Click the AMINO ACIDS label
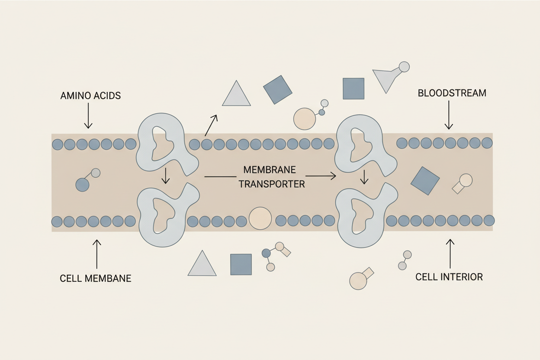(x=90, y=96)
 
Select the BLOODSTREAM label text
(x=452, y=93)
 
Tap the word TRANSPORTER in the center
(x=271, y=184)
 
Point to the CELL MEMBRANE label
(x=95, y=278)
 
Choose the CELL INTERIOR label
(x=449, y=277)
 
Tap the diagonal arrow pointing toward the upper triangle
(x=211, y=125)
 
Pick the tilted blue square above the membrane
(x=277, y=90)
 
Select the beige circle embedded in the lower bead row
(x=260, y=218)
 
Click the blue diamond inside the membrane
(x=424, y=180)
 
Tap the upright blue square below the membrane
(x=241, y=264)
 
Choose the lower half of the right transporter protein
(x=364, y=216)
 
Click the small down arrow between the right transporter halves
(x=364, y=177)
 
